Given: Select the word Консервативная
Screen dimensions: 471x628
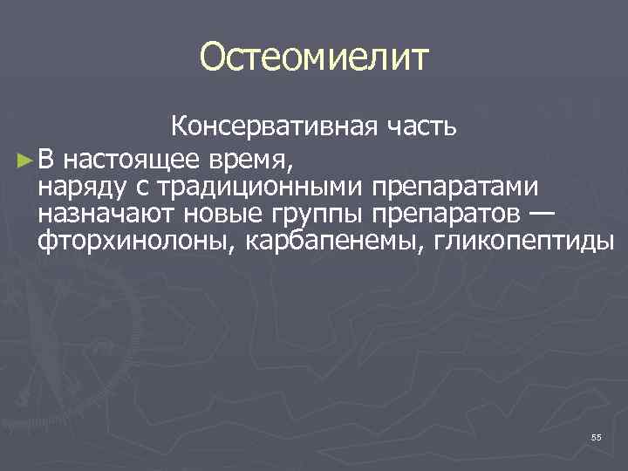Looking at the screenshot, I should point(270,127).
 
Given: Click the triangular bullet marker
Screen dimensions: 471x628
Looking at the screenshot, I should point(24,160).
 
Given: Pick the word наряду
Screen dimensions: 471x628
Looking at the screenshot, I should point(78,188).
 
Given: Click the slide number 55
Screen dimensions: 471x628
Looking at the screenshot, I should point(596,437).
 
